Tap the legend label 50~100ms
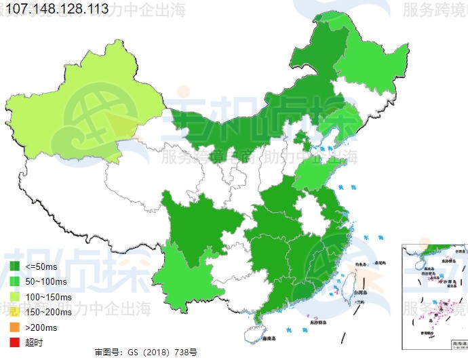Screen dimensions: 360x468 click(45, 281)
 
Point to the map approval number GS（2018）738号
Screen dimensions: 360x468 click(146, 353)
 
